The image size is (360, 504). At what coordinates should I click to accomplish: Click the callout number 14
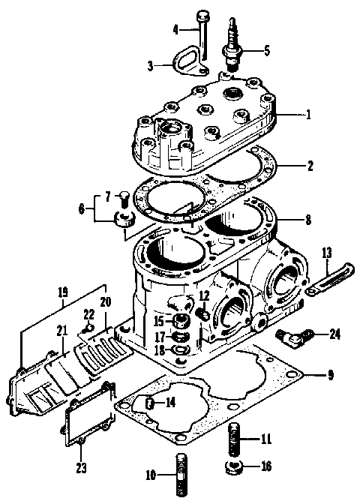point(171,403)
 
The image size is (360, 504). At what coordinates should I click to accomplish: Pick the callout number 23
point(81,469)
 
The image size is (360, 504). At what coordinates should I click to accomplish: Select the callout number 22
point(88,313)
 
